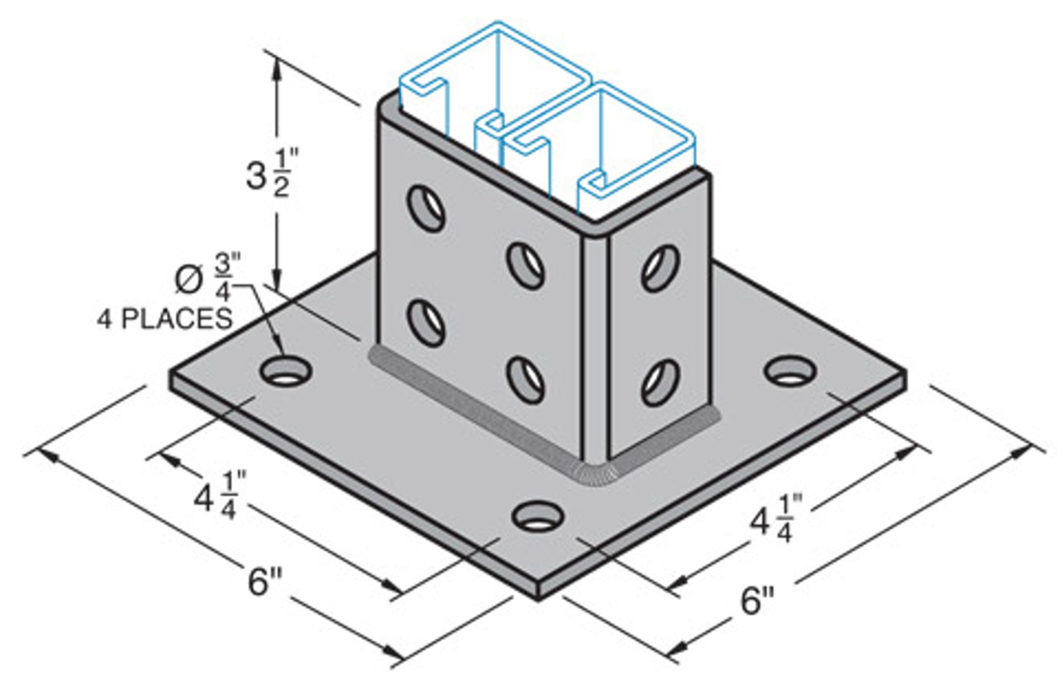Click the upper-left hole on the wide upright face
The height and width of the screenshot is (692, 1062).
coord(426,208)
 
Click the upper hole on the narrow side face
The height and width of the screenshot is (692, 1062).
coord(659,266)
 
